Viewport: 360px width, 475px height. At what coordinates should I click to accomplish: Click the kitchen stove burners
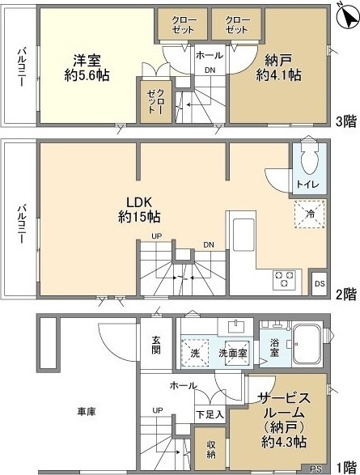[286, 279]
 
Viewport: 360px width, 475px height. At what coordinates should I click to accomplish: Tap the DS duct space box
[319, 283]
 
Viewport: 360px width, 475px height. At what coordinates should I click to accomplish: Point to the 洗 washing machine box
[194, 353]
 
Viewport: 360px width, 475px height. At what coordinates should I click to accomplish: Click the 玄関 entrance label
[156, 346]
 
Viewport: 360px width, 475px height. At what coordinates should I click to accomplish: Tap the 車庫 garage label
[87, 412]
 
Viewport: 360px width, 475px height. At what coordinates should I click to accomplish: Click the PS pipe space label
[316, 467]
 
